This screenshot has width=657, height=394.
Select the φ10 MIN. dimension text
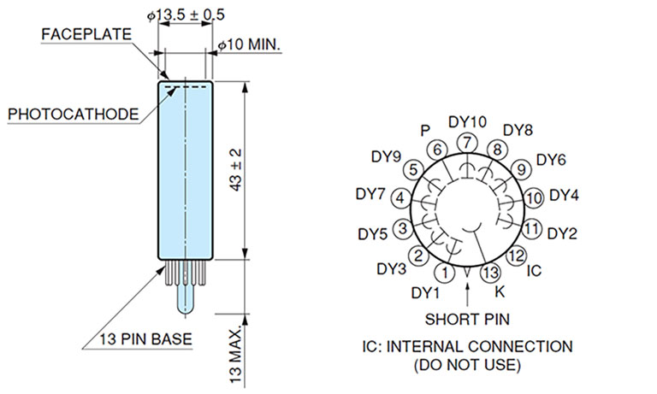250,44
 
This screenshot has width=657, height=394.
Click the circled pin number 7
466,142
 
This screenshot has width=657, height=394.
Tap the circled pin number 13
489,273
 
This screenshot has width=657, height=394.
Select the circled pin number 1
445,273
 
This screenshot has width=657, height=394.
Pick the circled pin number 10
534,198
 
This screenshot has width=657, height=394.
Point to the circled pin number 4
400,198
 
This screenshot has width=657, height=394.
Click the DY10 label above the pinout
466,121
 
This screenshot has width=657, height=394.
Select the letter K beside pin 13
500,291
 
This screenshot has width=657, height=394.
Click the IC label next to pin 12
534,271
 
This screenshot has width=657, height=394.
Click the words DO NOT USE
467,365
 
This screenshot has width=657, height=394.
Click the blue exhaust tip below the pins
185,299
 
